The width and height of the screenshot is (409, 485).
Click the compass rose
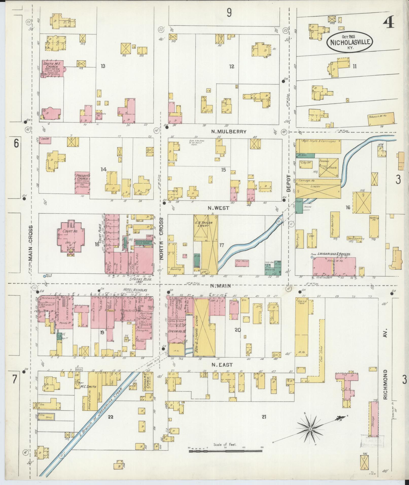coord(310,429)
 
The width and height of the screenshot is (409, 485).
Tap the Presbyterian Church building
coord(82,182)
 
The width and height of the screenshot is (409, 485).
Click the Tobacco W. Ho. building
coord(381,119)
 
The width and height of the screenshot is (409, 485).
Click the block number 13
coord(103,66)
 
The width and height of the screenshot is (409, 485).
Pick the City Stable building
coord(329,168)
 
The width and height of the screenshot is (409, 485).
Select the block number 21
coord(264,416)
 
